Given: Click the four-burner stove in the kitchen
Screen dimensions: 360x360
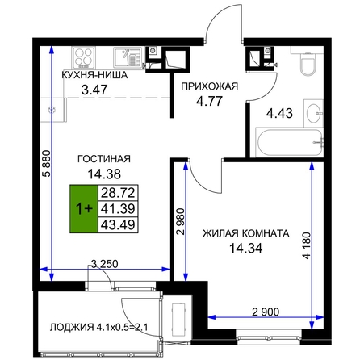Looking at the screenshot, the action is click(83, 58).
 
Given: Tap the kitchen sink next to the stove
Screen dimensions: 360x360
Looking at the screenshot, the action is click(128, 57).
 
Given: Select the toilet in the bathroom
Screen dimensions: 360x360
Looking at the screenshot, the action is click(308, 61).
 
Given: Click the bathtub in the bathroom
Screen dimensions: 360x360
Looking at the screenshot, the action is click(290, 143).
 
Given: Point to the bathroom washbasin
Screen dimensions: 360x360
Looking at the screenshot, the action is click(313, 113).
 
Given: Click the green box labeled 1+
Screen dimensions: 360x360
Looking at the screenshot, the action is click(84, 208).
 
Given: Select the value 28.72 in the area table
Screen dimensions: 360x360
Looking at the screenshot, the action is click(118, 193).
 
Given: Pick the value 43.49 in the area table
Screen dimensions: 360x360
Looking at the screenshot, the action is click(118, 224).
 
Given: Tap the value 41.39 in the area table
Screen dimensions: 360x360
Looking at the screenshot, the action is click(118, 208).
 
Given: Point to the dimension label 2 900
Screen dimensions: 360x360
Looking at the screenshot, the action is click(266, 312).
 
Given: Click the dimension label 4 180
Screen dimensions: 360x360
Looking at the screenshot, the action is click(307, 246).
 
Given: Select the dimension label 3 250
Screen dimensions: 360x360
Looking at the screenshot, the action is click(105, 264).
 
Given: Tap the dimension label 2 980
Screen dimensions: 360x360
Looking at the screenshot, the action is click(181, 221).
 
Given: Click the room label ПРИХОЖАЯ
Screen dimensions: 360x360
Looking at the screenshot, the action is click(209, 86).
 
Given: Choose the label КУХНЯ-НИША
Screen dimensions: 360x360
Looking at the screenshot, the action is click(94, 75).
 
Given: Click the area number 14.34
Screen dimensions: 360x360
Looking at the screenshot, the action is click(245, 248).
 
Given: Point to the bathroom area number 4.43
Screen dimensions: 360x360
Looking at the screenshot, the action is click(279, 113).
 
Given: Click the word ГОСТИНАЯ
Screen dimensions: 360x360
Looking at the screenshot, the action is click(104, 159).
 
